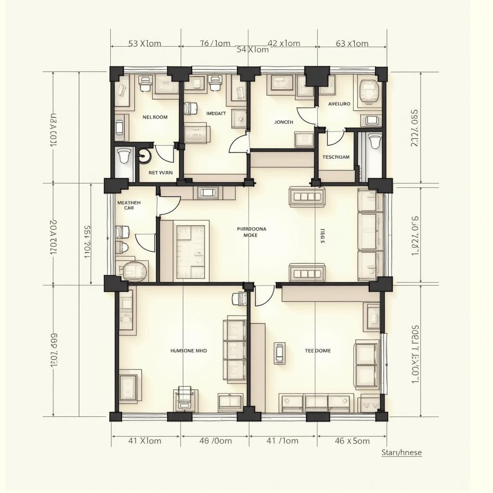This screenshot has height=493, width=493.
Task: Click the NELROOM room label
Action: [155, 117]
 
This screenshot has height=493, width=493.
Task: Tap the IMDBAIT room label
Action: [216, 114]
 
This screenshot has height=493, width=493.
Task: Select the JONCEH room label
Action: [284, 122]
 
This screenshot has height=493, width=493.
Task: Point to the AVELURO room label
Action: [339, 104]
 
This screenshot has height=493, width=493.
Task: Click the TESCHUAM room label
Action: [336, 157]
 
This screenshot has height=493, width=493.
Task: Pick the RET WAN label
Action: [160, 172]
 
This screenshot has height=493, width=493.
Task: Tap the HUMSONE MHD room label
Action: [189, 351]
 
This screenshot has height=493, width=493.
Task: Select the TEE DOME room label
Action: [318, 351]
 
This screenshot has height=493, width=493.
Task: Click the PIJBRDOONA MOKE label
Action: [251, 233]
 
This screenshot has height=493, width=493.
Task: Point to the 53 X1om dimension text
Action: [144, 43]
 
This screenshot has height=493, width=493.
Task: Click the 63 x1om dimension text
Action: [352, 44]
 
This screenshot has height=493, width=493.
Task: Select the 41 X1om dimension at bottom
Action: [145, 441]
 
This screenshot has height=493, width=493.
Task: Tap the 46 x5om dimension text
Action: [352, 441]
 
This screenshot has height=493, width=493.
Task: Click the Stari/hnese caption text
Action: [401, 453]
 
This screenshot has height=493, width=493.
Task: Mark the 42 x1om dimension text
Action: [284, 43]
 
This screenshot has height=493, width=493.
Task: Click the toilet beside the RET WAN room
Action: [124, 156]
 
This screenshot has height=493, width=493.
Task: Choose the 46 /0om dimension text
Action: [215, 441]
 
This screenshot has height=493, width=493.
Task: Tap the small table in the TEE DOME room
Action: [279, 353]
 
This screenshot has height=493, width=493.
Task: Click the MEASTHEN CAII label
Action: [129, 206]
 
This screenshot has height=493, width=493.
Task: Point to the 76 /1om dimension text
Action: [215, 43]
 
